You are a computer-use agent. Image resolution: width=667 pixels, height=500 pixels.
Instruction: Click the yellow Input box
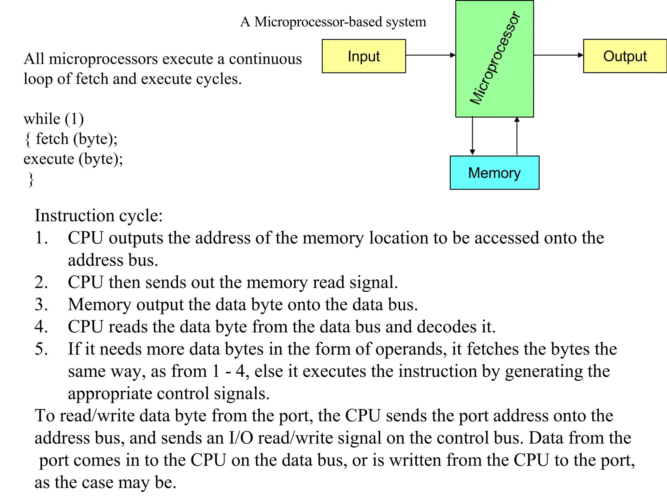click(x=363, y=56)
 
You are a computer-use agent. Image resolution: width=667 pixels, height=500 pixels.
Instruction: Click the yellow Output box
click(x=625, y=56)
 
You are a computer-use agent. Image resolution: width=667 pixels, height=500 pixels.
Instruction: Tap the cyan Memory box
click(x=494, y=173)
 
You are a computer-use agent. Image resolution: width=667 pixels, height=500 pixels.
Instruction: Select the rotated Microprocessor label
click(x=495, y=58)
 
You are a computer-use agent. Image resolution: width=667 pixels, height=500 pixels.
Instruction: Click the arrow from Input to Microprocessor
click(x=430, y=55)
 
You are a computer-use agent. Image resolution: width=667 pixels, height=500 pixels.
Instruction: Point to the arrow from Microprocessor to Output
click(x=558, y=55)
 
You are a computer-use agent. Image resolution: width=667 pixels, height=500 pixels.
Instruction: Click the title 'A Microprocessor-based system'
click(x=333, y=22)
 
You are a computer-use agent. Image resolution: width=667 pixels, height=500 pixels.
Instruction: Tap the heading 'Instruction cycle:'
click(x=98, y=215)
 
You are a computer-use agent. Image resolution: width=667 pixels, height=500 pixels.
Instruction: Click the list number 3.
click(x=41, y=304)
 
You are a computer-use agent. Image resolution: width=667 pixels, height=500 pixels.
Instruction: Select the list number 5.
click(x=41, y=349)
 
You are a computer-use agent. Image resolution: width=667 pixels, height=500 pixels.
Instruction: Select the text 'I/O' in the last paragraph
click(x=241, y=438)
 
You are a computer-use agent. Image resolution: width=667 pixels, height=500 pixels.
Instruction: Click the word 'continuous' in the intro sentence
click(x=265, y=59)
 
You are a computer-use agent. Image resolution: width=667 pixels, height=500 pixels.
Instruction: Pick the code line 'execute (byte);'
click(x=73, y=159)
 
